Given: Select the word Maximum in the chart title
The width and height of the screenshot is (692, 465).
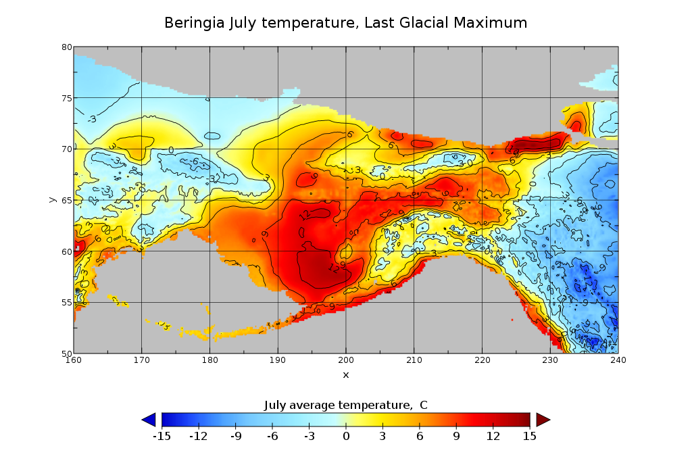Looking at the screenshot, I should click(491, 23).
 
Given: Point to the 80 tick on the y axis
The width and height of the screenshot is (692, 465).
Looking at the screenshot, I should click(67, 47).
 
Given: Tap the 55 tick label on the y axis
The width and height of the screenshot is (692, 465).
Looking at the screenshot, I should click(67, 302).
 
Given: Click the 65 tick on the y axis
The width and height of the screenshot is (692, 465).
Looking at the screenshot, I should click(67, 200).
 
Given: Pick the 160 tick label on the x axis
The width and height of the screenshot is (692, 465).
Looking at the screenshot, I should click(74, 360).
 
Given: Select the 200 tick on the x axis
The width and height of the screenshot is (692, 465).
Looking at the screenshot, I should click(346, 360).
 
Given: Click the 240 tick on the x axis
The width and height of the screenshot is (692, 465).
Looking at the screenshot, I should click(618, 360).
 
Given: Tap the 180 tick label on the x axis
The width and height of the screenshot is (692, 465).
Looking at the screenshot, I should click(209, 360).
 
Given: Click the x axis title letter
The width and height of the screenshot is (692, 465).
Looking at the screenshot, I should click(346, 374).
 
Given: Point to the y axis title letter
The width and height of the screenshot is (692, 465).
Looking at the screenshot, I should click(52, 200).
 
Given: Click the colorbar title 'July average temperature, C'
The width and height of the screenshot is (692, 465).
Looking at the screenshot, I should click(345, 405).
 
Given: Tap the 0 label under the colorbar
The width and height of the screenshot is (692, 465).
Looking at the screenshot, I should click(345, 436).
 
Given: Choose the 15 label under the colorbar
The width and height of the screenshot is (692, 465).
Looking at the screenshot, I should click(530, 436).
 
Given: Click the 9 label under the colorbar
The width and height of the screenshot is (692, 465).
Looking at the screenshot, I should click(456, 436).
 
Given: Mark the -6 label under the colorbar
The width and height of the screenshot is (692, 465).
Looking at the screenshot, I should click(272, 436).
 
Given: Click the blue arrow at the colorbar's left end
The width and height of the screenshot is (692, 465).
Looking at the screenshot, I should click(149, 420).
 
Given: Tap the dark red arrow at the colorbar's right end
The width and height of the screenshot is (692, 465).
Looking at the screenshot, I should click(543, 420).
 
